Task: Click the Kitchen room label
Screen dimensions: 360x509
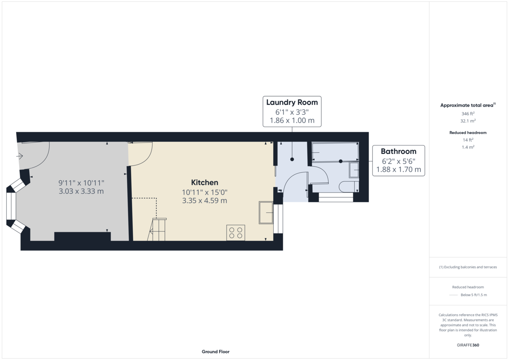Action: (x=204, y=183)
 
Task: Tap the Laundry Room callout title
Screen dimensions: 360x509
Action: (x=291, y=102)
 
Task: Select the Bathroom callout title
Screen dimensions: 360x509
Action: (x=398, y=151)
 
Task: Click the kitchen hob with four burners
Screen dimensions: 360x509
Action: (x=235, y=232)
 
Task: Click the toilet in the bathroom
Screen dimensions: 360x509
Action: (x=349, y=186)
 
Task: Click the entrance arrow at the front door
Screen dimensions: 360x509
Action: (x=20, y=156)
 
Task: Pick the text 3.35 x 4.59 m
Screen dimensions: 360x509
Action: (x=204, y=201)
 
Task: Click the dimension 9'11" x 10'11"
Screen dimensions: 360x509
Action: (x=81, y=183)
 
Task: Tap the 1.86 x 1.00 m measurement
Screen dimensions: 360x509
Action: (x=291, y=120)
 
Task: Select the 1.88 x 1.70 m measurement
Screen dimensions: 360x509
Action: (x=398, y=170)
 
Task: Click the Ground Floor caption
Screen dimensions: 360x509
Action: (x=215, y=352)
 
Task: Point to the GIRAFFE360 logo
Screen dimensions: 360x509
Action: (x=467, y=345)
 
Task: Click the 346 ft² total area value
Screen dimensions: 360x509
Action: (x=467, y=114)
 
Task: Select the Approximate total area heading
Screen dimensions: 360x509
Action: (x=467, y=105)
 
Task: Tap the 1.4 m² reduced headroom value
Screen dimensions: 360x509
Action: (x=467, y=147)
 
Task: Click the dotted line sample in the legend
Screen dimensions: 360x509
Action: (x=453, y=295)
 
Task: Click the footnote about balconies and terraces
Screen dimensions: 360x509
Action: (x=467, y=267)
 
